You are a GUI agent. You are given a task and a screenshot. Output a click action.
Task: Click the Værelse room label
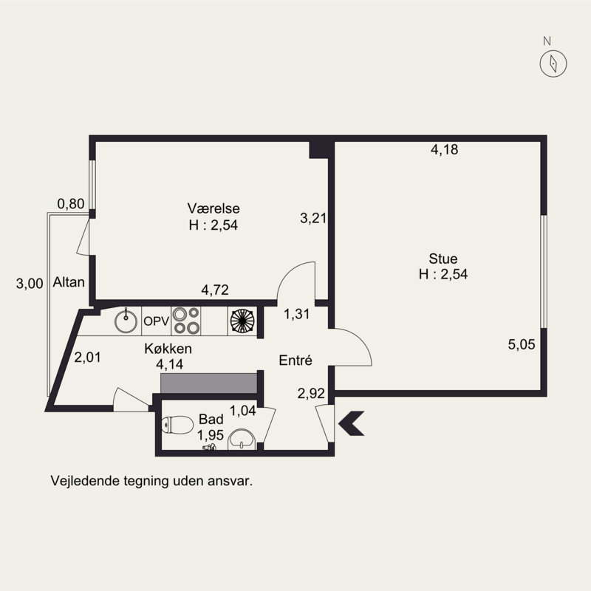[213, 208]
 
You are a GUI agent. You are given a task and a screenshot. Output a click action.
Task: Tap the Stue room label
[443, 259]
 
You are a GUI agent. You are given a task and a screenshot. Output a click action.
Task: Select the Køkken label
[168, 349]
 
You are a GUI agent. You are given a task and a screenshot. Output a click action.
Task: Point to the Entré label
[295, 361]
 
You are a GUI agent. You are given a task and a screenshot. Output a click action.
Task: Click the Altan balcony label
[69, 282]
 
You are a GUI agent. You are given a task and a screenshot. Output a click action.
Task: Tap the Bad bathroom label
[211, 419]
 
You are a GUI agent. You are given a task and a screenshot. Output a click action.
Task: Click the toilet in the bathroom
[177, 425]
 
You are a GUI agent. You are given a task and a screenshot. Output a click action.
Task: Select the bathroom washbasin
[242, 439]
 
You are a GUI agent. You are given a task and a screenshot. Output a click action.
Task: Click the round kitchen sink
[126, 321]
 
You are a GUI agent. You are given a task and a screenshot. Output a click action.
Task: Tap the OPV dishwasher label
[157, 321]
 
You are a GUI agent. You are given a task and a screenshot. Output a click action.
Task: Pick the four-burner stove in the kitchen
[186, 321]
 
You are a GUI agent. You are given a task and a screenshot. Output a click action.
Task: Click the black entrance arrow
[352, 423]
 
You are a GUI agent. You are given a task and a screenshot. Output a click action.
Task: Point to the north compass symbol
[553, 64]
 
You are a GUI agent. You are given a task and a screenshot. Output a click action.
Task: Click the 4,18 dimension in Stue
[445, 150]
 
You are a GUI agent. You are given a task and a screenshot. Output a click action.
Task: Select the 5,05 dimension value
[522, 344]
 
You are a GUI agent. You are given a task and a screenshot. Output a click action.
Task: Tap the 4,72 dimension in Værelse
[215, 290]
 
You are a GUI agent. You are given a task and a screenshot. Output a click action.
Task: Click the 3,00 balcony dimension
[30, 284]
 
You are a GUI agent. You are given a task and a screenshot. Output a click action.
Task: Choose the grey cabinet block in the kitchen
[209, 383]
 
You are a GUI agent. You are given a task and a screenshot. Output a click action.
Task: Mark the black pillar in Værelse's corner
[319, 150]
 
